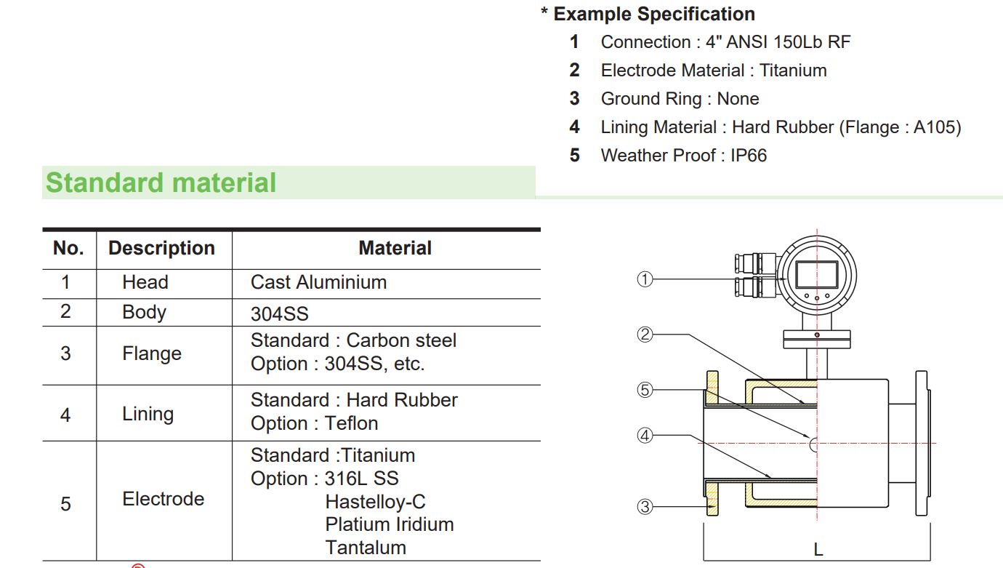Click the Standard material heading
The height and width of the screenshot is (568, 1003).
click(161, 183)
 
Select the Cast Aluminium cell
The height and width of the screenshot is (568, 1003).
click(318, 282)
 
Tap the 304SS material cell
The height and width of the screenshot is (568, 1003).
click(280, 313)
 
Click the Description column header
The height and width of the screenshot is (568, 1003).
click(161, 248)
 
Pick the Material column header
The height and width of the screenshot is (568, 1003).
click(395, 248)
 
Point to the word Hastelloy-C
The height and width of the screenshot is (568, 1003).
click(375, 502)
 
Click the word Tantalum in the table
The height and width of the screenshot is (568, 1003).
click(366, 548)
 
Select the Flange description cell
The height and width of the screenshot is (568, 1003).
click(151, 353)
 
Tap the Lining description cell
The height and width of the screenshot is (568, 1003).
click(148, 414)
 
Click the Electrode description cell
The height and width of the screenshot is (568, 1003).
click(163, 499)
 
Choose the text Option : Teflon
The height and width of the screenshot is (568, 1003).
click(314, 423)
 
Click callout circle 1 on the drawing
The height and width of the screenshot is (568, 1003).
click(645, 279)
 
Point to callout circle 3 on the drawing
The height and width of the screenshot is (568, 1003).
click(645, 507)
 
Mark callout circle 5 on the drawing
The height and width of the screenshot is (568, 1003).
click(645, 390)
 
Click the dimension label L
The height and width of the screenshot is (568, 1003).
click(818, 550)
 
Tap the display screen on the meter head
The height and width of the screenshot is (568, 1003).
click(817, 274)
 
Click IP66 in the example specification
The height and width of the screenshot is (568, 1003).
click(749, 155)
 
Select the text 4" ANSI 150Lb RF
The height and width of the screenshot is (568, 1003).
click(778, 42)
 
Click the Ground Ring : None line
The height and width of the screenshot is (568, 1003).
click(680, 99)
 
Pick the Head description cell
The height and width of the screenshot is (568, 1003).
click(145, 282)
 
